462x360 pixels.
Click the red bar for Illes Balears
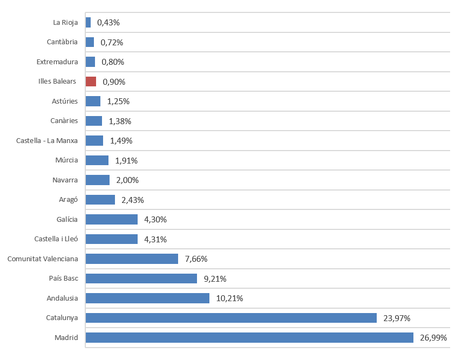(91, 81)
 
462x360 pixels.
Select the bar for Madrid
(249, 338)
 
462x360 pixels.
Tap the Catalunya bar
(231, 318)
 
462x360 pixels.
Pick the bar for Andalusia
(147, 298)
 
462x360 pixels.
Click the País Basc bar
(141, 279)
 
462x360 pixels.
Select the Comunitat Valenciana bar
(132, 259)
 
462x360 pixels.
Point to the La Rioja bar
(88, 23)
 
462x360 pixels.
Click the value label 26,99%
(432, 338)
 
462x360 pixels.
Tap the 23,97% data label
(395, 318)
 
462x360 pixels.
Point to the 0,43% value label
(108, 23)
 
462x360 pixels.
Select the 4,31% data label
(155, 239)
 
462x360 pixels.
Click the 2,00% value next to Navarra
(127, 180)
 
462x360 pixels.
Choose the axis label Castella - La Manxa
(47, 140)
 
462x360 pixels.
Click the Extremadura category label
(57, 62)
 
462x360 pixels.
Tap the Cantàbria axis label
(62, 42)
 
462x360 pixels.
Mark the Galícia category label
(67, 219)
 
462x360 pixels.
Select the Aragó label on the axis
(69, 200)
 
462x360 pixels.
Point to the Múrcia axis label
(66, 160)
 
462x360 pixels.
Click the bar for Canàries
(93, 121)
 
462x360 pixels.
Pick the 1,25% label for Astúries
(118, 101)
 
